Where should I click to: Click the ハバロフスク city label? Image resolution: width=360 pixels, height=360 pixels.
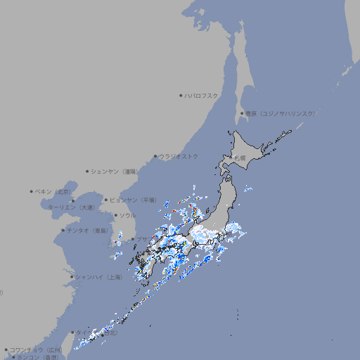[201, 95]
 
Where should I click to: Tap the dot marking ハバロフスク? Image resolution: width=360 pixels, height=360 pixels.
[181, 95]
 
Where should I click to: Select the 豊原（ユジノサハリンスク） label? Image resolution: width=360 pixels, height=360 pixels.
[281, 113]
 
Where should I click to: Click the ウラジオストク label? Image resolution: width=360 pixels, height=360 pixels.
[179, 156]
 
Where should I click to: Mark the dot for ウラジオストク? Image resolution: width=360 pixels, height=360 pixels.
[155, 156]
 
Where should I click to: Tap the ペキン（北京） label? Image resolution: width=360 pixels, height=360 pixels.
[55, 191]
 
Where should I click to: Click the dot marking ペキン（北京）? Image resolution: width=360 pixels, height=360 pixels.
[32, 191]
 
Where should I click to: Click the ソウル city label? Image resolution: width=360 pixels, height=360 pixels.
[127, 215]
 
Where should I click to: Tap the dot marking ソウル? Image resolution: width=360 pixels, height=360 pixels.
[115, 215]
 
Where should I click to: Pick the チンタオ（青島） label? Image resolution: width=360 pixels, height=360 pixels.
[87, 230]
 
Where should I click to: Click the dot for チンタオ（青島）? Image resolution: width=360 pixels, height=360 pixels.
[63, 230]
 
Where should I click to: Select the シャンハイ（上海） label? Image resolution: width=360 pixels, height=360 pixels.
[98, 277]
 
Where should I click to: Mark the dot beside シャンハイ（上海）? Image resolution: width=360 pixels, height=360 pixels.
[72, 277]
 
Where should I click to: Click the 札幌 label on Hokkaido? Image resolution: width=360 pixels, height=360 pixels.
[240, 158]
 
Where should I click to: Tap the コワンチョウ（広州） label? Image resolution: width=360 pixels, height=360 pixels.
[35, 349]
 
